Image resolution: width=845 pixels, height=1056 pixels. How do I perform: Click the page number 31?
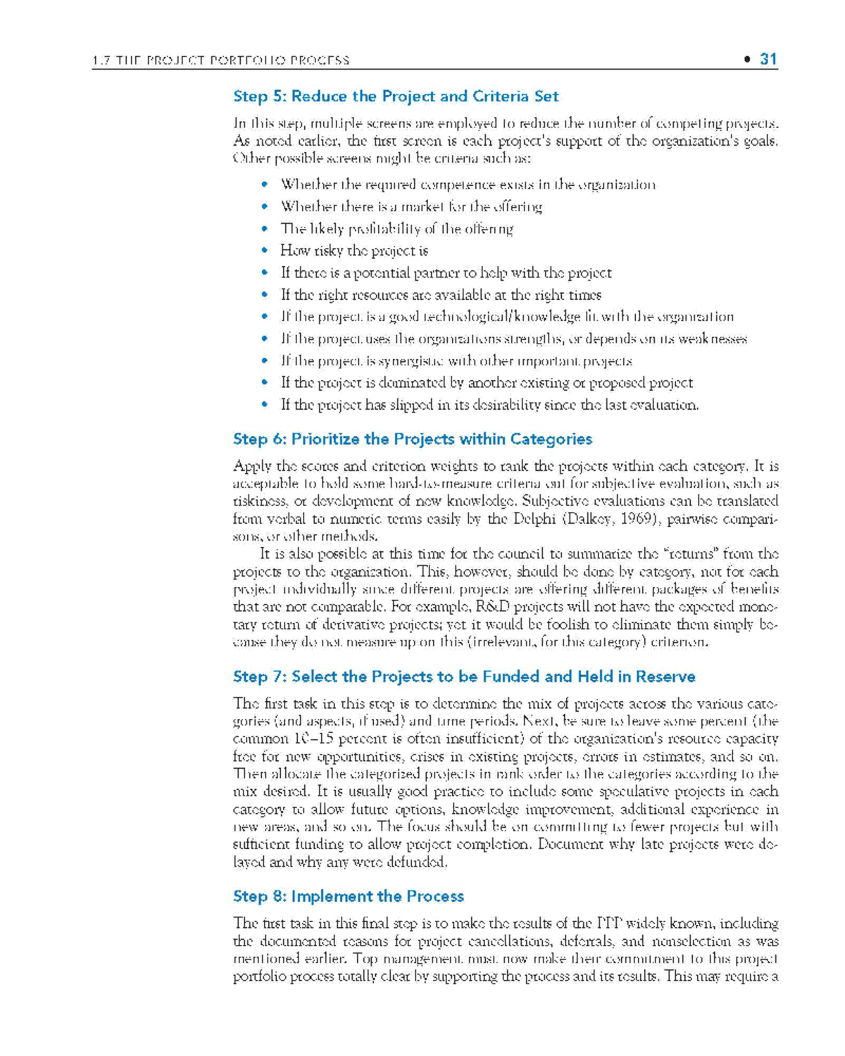(768, 59)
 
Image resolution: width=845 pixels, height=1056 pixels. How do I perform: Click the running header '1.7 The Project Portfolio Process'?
(220, 61)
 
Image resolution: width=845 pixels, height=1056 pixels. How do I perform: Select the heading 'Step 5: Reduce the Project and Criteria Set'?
(396, 96)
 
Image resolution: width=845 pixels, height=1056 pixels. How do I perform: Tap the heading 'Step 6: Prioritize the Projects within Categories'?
(412, 439)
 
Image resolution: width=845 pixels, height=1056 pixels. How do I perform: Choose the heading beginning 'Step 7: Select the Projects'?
(463, 677)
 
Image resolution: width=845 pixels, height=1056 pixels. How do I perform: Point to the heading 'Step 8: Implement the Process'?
(348, 896)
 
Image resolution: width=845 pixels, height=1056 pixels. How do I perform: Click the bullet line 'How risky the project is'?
(354, 251)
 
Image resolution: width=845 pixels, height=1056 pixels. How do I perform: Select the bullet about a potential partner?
(446, 273)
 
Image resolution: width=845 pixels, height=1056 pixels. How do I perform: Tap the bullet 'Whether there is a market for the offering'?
(411, 207)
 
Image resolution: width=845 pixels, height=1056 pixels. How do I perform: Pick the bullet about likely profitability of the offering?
(396, 229)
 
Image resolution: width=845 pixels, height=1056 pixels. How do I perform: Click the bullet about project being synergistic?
(456, 361)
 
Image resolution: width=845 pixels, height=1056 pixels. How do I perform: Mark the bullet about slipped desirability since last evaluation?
(489, 405)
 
